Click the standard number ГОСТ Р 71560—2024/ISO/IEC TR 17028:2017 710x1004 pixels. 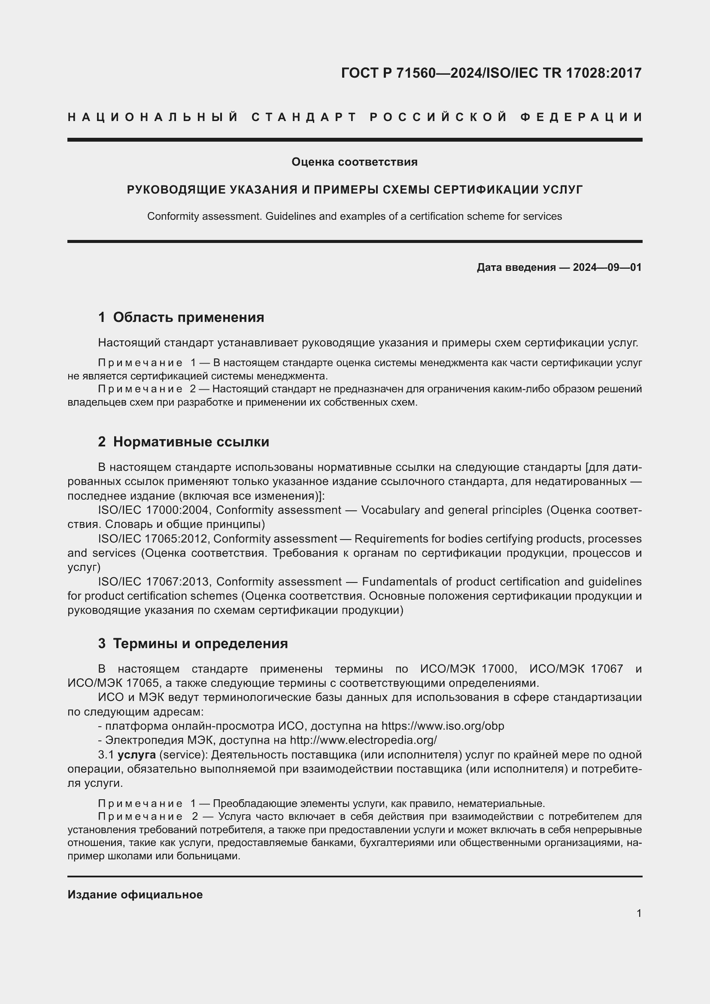[491, 73]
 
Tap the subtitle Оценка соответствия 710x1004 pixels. [355, 162]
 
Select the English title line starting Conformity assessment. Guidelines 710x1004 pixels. [355, 216]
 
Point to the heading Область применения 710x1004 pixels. [188, 317]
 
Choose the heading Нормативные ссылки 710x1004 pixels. [191, 442]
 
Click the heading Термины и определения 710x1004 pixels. [200, 643]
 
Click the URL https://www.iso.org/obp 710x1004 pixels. [443, 726]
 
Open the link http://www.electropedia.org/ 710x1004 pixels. [363, 740]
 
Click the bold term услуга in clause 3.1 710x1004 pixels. [137, 755]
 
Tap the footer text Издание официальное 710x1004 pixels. [135, 895]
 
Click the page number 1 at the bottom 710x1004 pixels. [639, 913]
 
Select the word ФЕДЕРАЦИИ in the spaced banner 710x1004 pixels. [582, 117]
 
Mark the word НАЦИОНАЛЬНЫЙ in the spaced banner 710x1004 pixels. [153, 117]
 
